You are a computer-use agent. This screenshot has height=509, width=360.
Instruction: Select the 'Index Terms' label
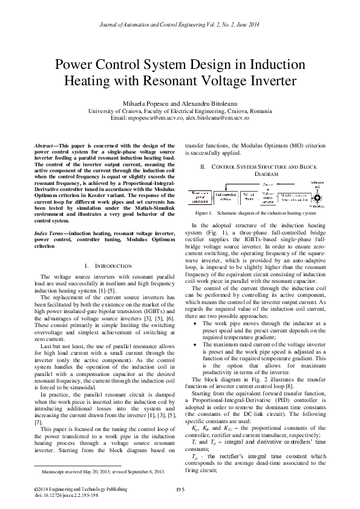pos(50,233)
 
